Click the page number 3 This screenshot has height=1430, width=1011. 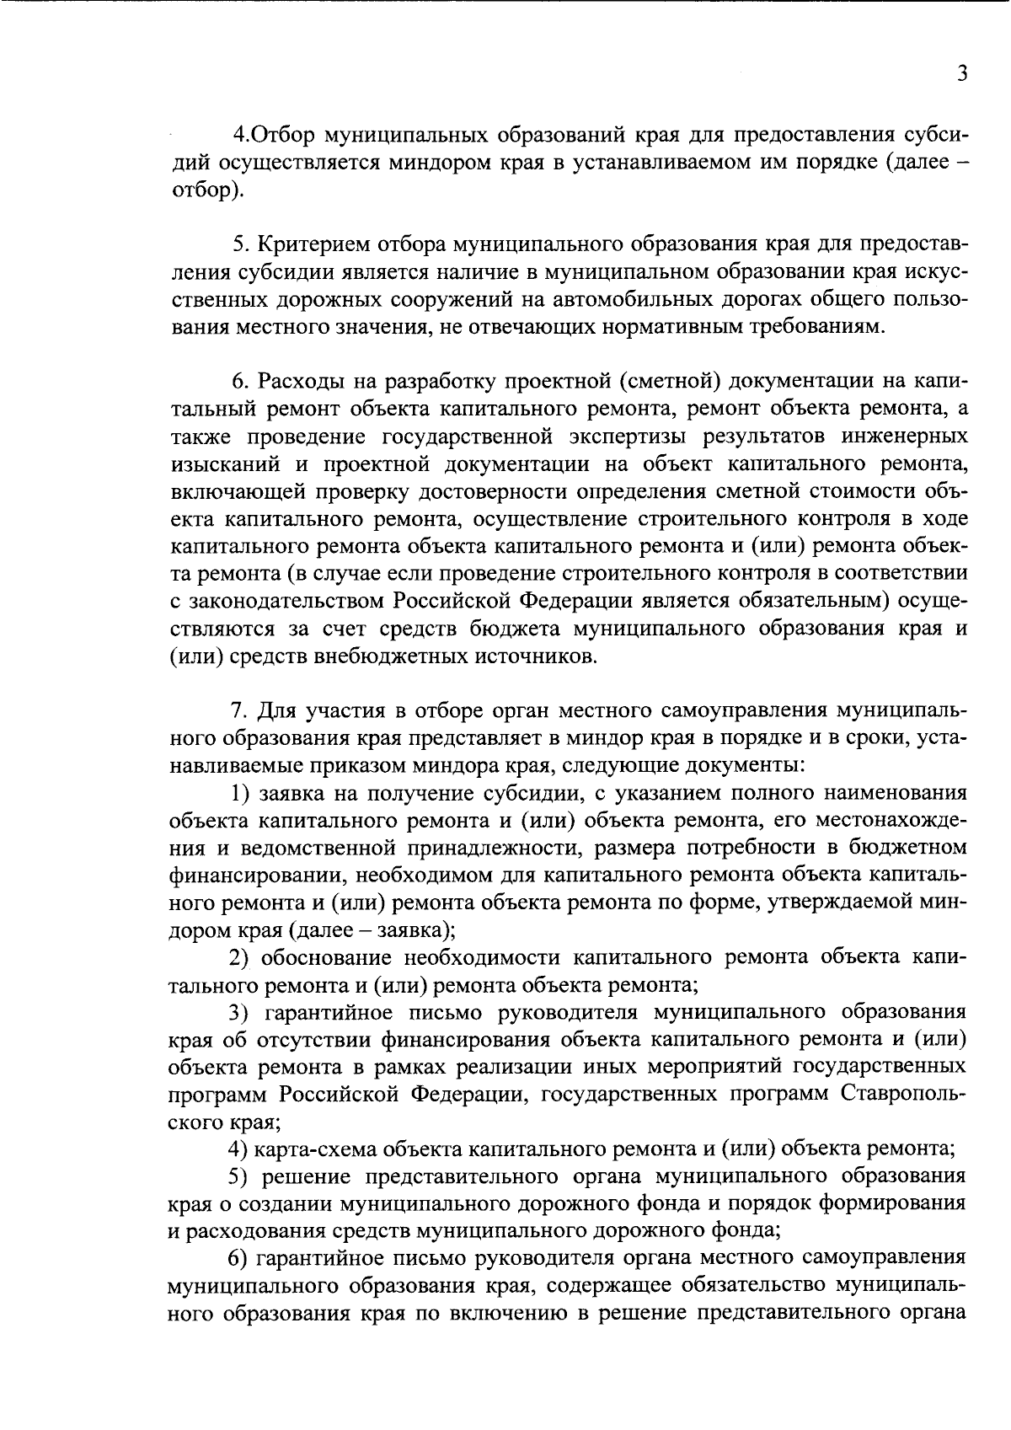tap(961, 73)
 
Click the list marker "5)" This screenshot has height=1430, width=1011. tap(243, 1176)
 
